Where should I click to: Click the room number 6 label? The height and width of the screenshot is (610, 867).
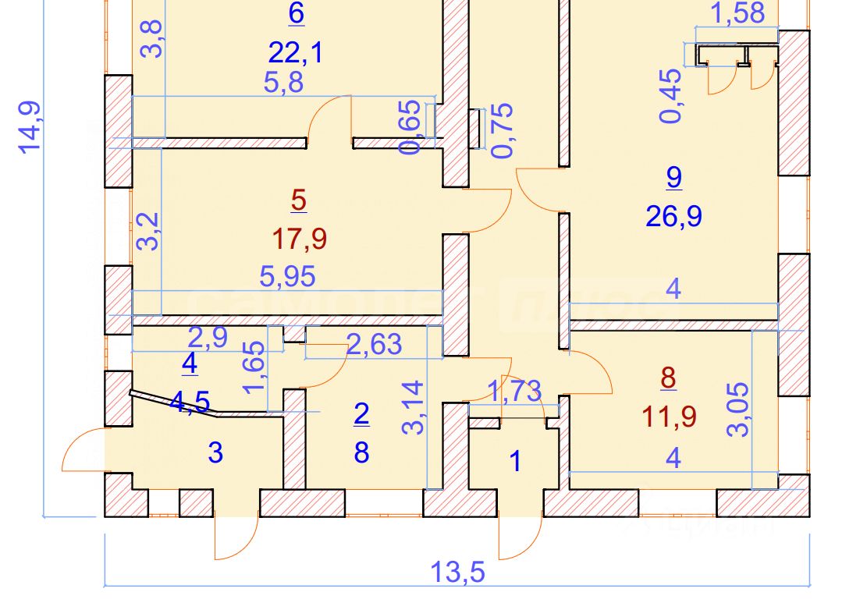coord(296,13)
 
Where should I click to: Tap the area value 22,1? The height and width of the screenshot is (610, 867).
coord(295,53)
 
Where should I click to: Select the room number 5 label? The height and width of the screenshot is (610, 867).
coord(298,200)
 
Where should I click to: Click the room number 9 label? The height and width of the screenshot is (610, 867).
coord(673,177)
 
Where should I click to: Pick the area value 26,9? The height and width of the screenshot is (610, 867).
coord(673,215)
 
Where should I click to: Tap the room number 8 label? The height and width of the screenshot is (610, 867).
coord(668,378)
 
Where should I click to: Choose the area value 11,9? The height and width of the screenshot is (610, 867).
coord(668,417)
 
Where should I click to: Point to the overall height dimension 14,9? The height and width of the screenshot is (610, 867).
coord(29,126)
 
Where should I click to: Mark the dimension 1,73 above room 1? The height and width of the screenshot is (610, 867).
coord(513,391)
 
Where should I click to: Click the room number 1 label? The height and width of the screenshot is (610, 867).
coord(514,461)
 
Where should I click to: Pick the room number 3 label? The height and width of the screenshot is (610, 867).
coord(216,452)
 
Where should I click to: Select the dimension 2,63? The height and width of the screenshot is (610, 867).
coord(373,343)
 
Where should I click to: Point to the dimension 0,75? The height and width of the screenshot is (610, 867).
coord(503,130)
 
